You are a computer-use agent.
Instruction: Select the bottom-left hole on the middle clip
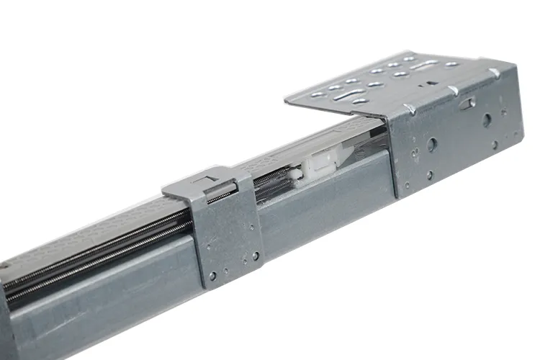click(212, 274)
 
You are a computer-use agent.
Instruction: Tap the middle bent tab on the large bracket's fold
click(451, 89)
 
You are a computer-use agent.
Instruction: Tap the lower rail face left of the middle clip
click(108, 302)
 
